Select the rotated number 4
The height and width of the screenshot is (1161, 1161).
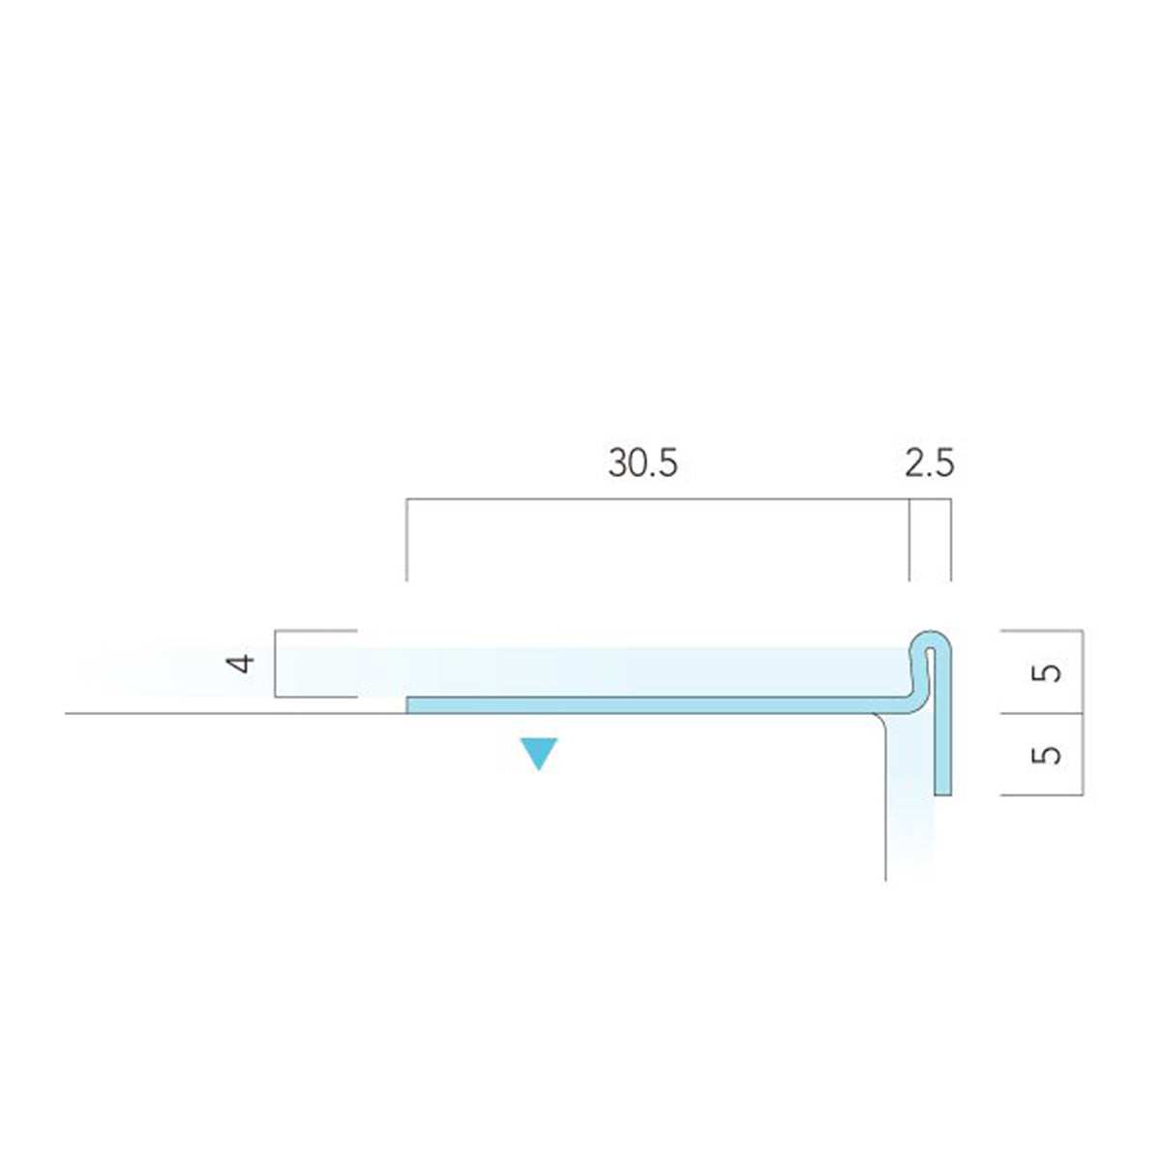pos(240,664)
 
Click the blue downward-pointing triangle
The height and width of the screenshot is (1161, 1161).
pos(540,754)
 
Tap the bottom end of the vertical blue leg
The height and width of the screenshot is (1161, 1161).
pos(943,794)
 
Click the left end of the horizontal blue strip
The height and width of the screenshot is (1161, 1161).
pos(408,705)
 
